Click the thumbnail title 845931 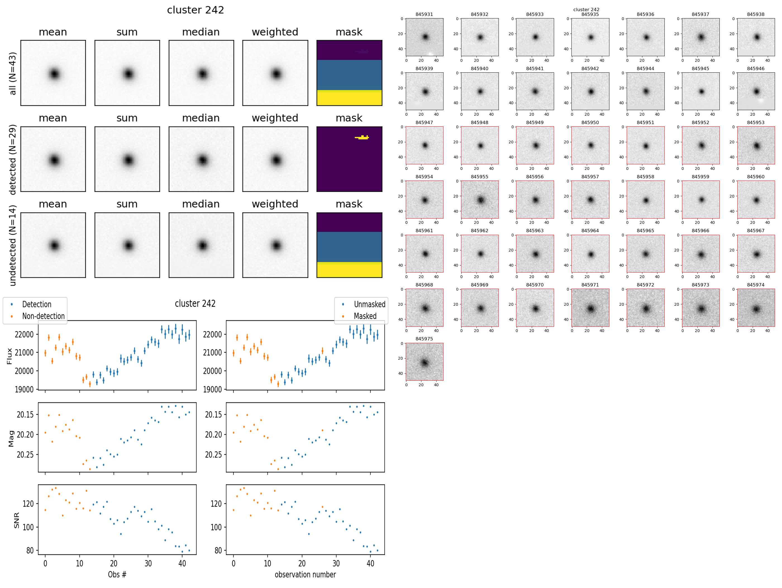point(424,15)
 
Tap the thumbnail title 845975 point(424,339)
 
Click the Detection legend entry point(36,304)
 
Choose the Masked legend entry point(365,316)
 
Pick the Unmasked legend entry point(369,304)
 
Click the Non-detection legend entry point(43,316)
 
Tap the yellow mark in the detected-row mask point(362,137)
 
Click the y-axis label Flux point(9,356)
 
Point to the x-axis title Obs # point(117,574)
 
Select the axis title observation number point(305,574)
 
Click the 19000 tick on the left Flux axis point(24,390)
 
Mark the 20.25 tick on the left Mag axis point(25,455)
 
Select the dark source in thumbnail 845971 point(590,309)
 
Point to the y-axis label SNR point(16,520)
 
